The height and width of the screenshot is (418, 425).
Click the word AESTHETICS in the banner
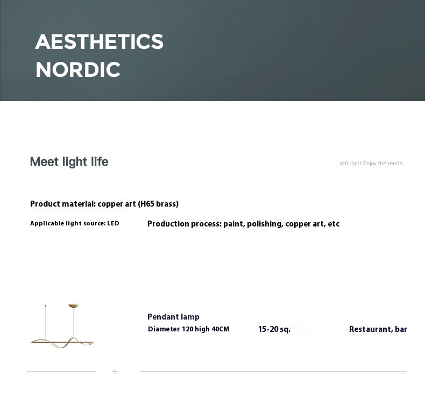[99, 42]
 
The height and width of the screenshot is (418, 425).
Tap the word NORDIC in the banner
[78, 70]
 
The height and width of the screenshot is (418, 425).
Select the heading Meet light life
[69, 161]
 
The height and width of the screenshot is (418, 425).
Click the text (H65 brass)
[158, 204]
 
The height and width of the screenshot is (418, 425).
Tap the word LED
[113, 223]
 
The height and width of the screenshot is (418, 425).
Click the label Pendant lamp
[173, 317]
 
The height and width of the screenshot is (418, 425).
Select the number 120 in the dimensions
[187, 329]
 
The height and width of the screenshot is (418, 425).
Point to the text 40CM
[221, 329]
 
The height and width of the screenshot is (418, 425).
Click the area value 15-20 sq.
[274, 329]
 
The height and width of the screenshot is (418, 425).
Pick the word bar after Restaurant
[401, 329]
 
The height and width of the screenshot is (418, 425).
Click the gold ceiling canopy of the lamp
[74, 306]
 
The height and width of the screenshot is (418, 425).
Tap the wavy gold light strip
[62, 343]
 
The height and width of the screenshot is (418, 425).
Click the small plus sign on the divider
[115, 371]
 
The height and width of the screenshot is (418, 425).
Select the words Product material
[63, 204]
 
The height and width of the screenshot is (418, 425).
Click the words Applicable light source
[68, 223]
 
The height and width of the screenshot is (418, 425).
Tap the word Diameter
[164, 329]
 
